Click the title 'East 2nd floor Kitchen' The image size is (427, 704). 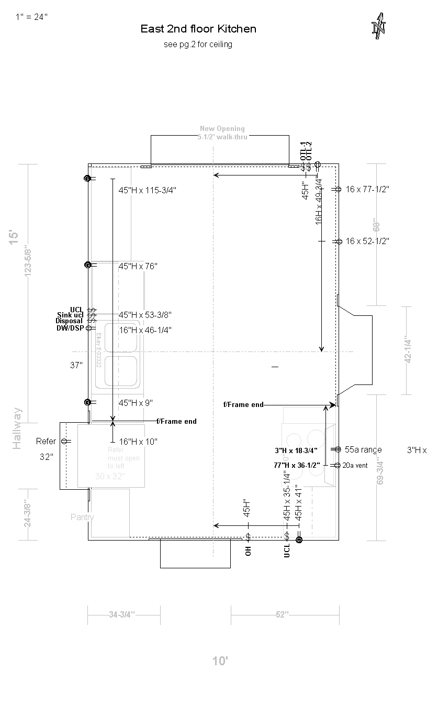pyautogui.click(x=198, y=29)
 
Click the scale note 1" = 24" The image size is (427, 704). pyautogui.click(x=31, y=17)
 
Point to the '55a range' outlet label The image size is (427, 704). pyautogui.click(x=363, y=449)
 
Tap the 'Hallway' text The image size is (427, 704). pyautogui.click(x=17, y=428)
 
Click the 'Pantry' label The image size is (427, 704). pyautogui.click(x=82, y=517)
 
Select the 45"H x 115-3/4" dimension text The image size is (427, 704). pyautogui.click(x=147, y=190)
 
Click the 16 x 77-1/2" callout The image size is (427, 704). pyautogui.click(x=367, y=189)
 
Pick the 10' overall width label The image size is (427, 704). pyautogui.click(x=220, y=661)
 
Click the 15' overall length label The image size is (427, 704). pyautogui.click(x=14, y=237)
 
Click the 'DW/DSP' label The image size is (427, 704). pyautogui.click(x=70, y=328)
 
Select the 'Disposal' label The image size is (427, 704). pyautogui.click(x=69, y=321)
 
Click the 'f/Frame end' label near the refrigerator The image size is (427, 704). pyautogui.click(x=176, y=421)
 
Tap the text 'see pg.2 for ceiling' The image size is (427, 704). pyautogui.click(x=198, y=45)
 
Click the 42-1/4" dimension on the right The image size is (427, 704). pyautogui.click(x=408, y=350)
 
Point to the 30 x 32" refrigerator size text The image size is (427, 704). pyautogui.click(x=110, y=476)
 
